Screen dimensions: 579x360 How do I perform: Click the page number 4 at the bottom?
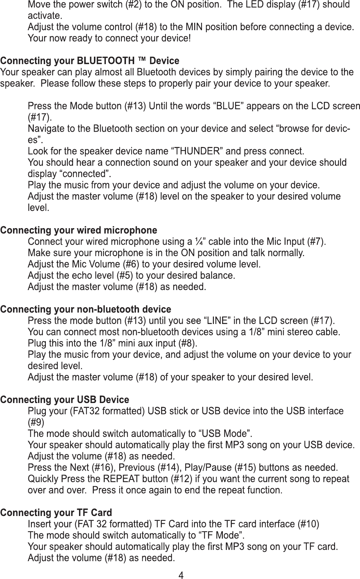(180, 575)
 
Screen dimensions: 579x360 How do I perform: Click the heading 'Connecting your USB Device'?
(64, 400)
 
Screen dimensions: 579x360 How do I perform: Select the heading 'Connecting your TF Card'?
(56, 513)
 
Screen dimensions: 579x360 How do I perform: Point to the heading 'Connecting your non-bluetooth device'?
(85, 309)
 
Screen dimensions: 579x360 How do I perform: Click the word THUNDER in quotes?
(196, 151)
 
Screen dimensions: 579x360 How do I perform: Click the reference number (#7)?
(316, 242)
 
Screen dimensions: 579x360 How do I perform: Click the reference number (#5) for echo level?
(125, 276)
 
